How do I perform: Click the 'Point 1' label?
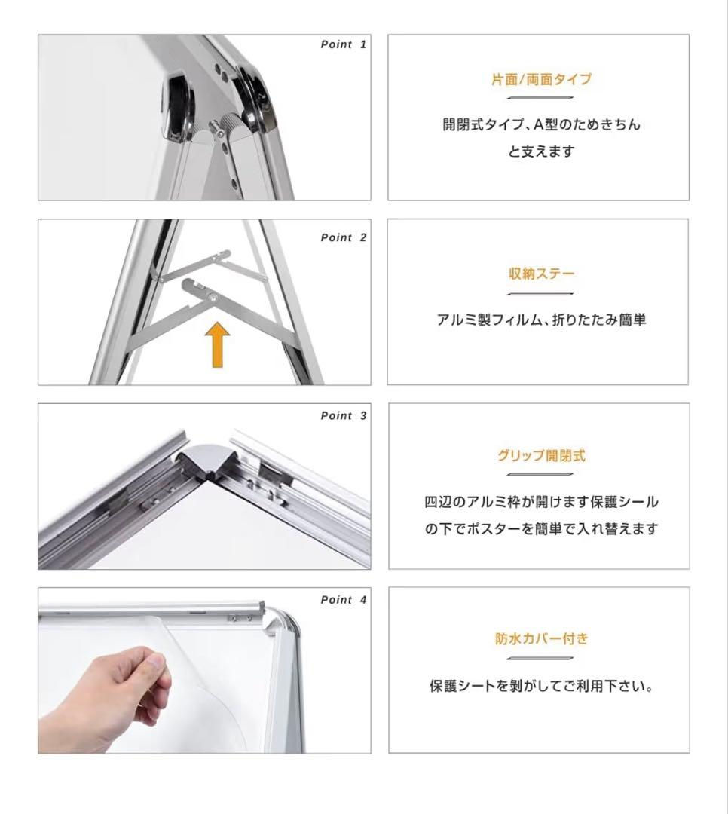pyautogui.click(x=343, y=44)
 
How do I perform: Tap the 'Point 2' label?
pyautogui.click(x=343, y=237)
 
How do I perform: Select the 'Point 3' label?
pyautogui.click(x=343, y=416)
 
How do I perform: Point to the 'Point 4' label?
pyautogui.click(x=343, y=600)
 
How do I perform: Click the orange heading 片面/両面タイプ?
pyautogui.click(x=541, y=79)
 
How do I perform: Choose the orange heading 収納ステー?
pyautogui.click(x=541, y=274)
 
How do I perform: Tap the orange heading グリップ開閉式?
pyautogui.click(x=541, y=456)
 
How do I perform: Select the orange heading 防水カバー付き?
pyautogui.click(x=541, y=638)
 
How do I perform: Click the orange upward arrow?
pyautogui.click(x=217, y=344)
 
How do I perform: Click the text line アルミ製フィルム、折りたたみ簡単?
pyautogui.click(x=541, y=320)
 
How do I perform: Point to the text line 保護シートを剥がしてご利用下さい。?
pyautogui.click(x=541, y=686)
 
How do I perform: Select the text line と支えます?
pyautogui.click(x=541, y=151)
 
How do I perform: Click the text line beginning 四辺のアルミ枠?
pyautogui.click(x=541, y=502)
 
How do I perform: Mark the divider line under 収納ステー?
pyautogui.click(x=540, y=294)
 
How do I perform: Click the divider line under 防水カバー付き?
pyautogui.click(x=540, y=658)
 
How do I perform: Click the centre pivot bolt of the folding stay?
pyautogui.click(x=213, y=297)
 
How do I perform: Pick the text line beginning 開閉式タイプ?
pyautogui.click(x=541, y=124)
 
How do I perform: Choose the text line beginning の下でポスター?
pyautogui.click(x=541, y=529)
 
